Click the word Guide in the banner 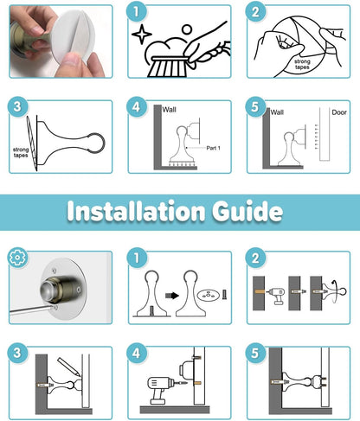pyautogui.click(x=247, y=211)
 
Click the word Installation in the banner pyautogui.click(x=136, y=211)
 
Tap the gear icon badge pyautogui.click(x=17, y=257)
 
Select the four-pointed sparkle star pyautogui.click(x=142, y=35)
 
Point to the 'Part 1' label pyautogui.click(x=213, y=148)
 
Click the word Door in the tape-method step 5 pyautogui.click(x=339, y=112)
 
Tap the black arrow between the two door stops pyautogui.click(x=172, y=296)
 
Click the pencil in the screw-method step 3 pyautogui.click(x=68, y=367)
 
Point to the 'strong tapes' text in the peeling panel pyautogui.click(x=302, y=64)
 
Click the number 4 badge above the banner pyautogui.click(x=137, y=107)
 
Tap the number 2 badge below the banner pyautogui.click(x=255, y=258)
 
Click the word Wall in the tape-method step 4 pyautogui.click(x=169, y=110)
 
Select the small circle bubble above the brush pyautogui.click(x=187, y=29)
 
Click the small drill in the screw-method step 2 pyautogui.click(x=276, y=295)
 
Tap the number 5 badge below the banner pyautogui.click(x=255, y=353)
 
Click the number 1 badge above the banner pyautogui.click(x=137, y=11)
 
